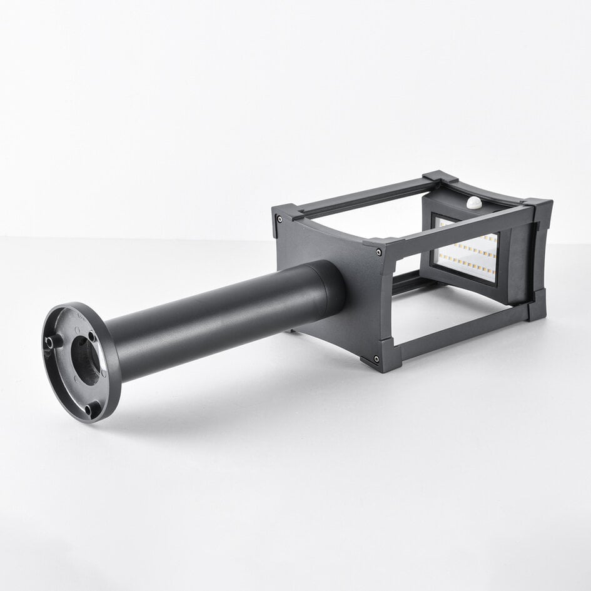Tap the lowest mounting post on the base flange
pyautogui.click(x=92, y=410)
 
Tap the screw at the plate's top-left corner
pyautogui.click(x=279, y=219)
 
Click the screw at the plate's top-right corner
pyautogui.click(x=379, y=252)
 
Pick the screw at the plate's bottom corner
pyautogui.click(x=376, y=359)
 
